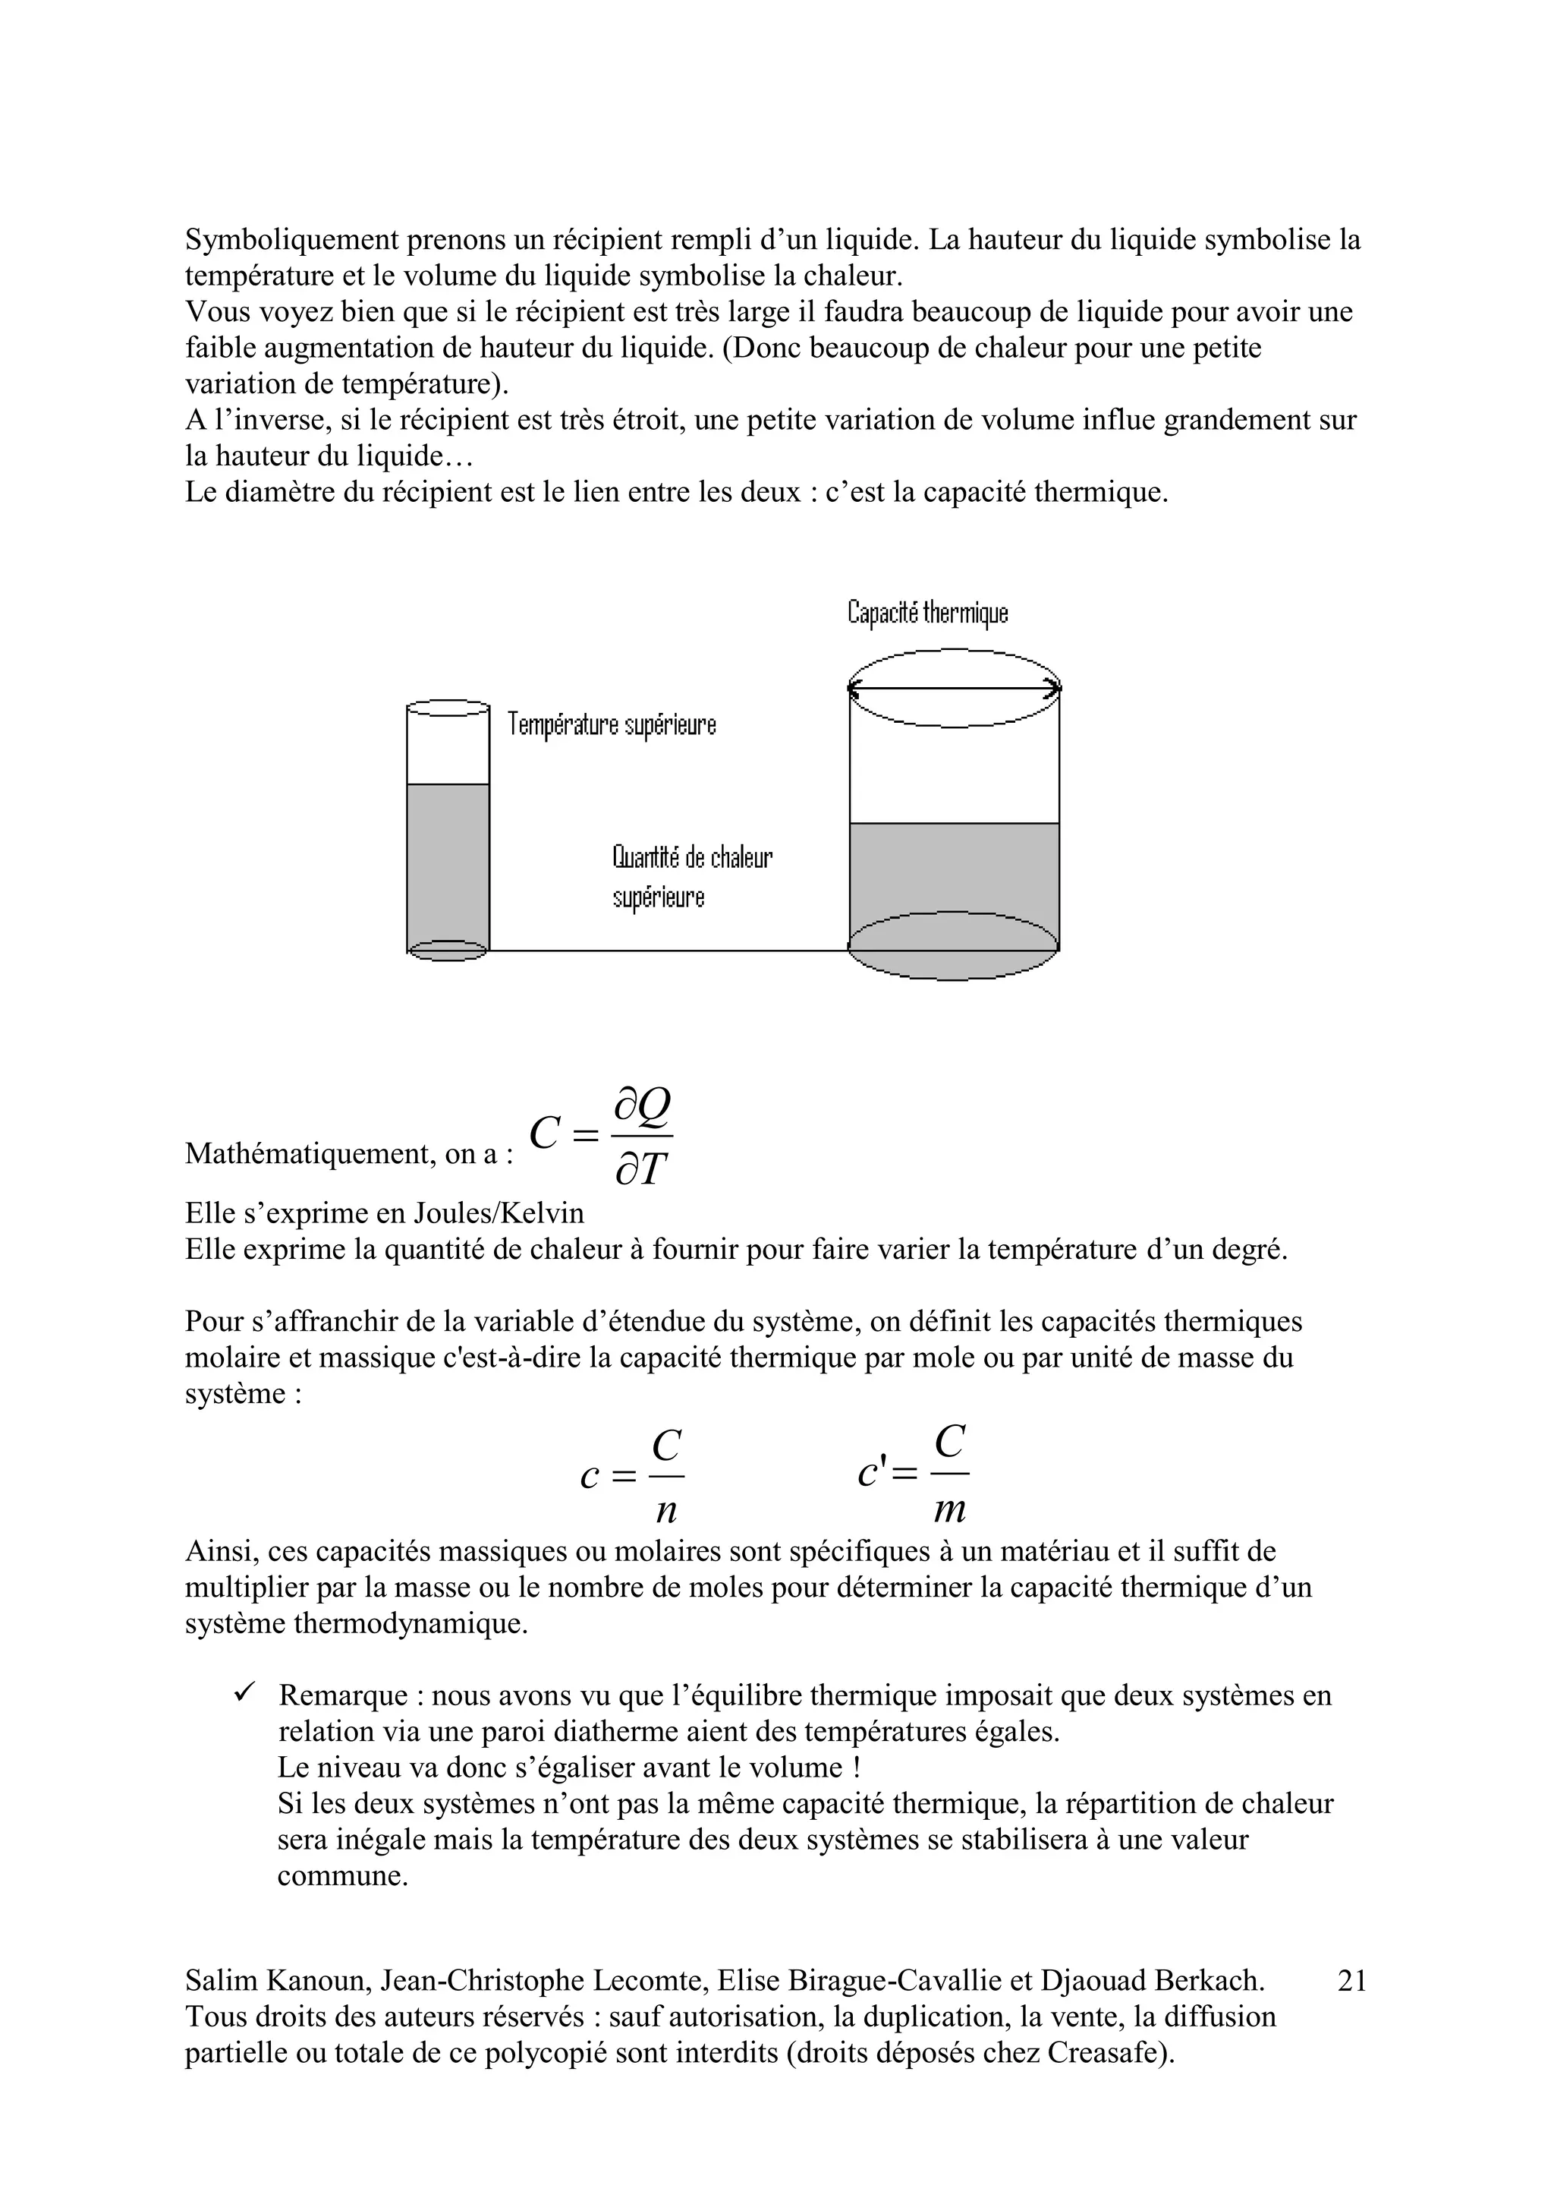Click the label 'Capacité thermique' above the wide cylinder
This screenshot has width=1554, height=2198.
pyautogui.click(x=927, y=613)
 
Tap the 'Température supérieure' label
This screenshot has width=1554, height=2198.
pyautogui.click(x=612, y=724)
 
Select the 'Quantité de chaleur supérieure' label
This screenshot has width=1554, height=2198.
pyautogui.click(x=691, y=876)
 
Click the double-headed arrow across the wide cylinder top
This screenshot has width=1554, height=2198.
pyautogui.click(x=954, y=687)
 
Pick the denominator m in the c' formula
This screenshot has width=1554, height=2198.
pyautogui.click(x=949, y=1509)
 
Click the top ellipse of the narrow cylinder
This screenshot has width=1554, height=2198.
pyautogui.click(x=448, y=708)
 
